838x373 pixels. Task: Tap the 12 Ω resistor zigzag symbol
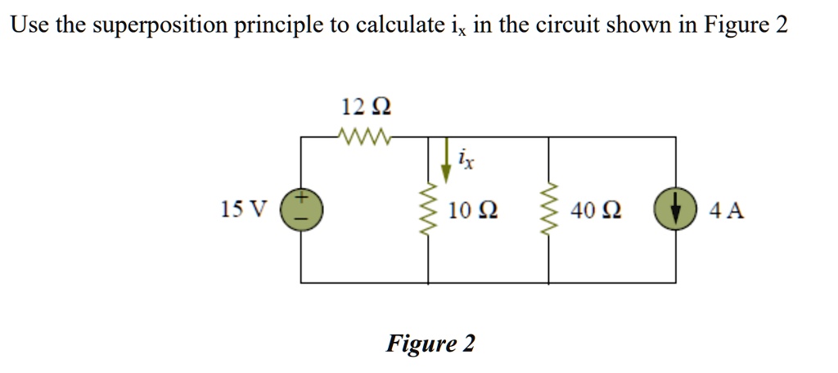pos(365,136)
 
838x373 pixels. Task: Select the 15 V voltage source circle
pos(301,210)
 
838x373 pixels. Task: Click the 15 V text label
pos(243,210)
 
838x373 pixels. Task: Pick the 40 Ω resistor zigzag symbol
pos(547,210)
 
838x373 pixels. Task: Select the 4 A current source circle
pos(675,210)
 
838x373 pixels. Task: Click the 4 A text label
pos(727,211)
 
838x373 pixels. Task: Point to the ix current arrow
pos(446,161)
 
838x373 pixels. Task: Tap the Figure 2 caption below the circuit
pos(430,344)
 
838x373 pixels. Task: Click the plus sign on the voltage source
pos(301,198)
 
